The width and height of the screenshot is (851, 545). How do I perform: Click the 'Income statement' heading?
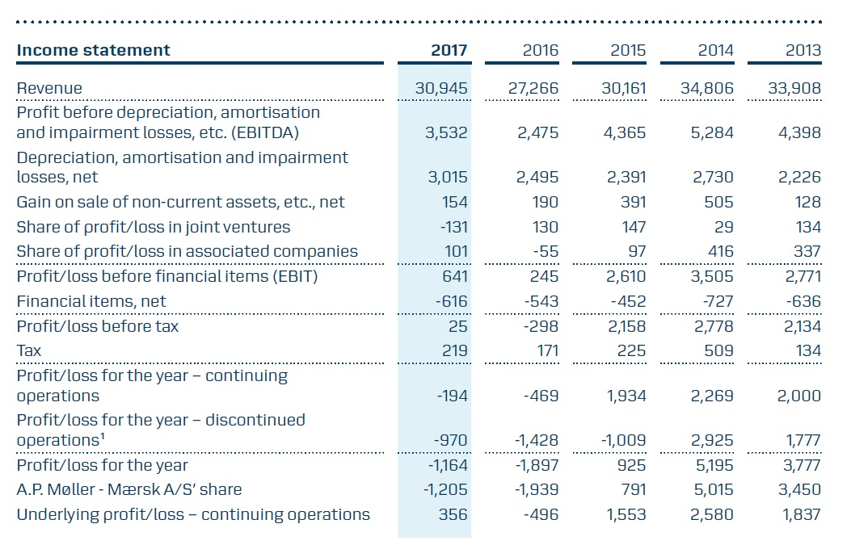click(x=94, y=50)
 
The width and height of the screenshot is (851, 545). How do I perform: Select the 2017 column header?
click(x=449, y=50)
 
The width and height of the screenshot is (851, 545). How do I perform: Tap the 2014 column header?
click(x=715, y=50)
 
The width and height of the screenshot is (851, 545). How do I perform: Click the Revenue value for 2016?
click(x=533, y=88)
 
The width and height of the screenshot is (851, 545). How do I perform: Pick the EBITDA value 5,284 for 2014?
click(x=711, y=132)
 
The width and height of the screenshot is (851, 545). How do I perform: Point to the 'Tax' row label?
click(x=29, y=351)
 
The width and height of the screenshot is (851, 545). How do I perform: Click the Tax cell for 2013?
click(x=808, y=351)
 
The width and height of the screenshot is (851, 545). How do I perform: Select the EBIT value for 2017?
click(x=455, y=276)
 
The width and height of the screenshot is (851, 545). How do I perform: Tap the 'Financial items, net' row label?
click(x=91, y=301)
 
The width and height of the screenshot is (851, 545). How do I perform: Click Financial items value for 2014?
click(x=718, y=301)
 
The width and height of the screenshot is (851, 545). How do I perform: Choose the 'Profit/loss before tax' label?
click(x=98, y=326)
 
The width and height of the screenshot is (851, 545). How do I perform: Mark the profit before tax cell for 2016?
click(x=541, y=326)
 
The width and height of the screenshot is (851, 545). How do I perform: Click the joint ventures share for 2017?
click(x=453, y=227)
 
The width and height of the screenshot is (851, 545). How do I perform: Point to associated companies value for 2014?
click(x=721, y=251)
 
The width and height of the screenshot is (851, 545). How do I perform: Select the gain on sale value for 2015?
click(x=634, y=202)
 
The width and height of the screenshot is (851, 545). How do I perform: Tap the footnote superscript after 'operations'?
click(x=102, y=436)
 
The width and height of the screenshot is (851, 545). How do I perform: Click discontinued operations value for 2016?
click(x=536, y=440)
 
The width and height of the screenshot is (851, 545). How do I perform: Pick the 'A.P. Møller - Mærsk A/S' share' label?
click(x=129, y=489)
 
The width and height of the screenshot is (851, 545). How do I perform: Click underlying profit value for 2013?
click(x=801, y=514)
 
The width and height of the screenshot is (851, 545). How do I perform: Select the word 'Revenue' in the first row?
click(x=49, y=88)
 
